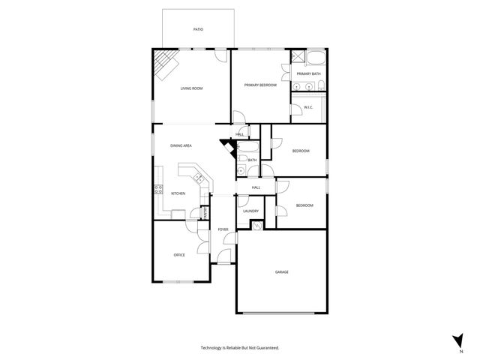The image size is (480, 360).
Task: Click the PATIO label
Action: click(x=198, y=29)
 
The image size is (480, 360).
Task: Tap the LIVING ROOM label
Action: click(x=191, y=88)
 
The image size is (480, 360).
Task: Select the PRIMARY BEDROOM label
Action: click(x=260, y=85)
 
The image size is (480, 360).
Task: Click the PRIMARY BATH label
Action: click(x=308, y=73)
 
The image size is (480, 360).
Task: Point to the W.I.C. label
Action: click(x=308, y=107)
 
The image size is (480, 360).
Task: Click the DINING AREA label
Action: click(x=181, y=145)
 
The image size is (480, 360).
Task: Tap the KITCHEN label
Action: click(x=178, y=193)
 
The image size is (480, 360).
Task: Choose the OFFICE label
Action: click(x=179, y=255)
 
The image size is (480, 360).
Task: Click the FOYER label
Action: click(x=223, y=229)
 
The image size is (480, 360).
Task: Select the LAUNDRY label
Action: click(x=250, y=211)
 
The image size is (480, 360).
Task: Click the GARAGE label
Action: click(x=281, y=271)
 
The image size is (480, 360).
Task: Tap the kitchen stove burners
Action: click(x=158, y=188)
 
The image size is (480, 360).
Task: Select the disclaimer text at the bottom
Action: click(x=239, y=348)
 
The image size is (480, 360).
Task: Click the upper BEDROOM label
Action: click(x=300, y=151)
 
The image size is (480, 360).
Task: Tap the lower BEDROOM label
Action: click(x=304, y=205)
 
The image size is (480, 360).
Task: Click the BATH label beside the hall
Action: click(x=252, y=160)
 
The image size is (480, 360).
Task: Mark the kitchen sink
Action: click(x=199, y=178)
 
